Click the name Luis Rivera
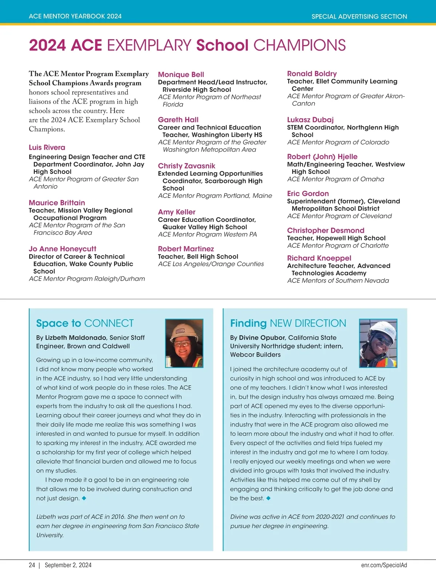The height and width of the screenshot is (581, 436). click(x=47, y=147)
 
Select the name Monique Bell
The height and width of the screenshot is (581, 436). click(x=181, y=74)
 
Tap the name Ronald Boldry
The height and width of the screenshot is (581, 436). click(x=312, y=74)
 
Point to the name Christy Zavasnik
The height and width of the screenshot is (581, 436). click(x=186, y=166)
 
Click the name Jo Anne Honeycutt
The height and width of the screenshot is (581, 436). click(x=62, y=249)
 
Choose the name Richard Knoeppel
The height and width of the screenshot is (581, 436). click(x=319, y=258)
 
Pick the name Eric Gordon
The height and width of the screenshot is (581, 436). click(x=308, y=194)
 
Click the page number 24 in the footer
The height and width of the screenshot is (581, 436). click(x=32, y=565)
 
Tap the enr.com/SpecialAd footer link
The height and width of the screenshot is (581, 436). click(x=384, y=565)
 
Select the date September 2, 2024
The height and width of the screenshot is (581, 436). click(x=68, y=565)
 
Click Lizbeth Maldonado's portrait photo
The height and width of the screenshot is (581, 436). click(x=184, y=343)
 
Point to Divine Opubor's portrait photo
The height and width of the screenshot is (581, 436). click(x=378, y=343)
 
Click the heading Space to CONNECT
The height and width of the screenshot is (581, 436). click(x=85, y=323)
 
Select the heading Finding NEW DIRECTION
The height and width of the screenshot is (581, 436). click(x=288, y=323)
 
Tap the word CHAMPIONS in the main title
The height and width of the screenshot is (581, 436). click(x=299, y=45)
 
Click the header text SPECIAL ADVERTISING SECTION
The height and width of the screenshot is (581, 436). click(x=359, y=16)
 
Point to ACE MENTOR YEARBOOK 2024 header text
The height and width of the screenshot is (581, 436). click(x=75, y=16)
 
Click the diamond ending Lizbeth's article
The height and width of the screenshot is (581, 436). click(x=84, y=498)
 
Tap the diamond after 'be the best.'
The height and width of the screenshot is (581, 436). click(x=269, y=498)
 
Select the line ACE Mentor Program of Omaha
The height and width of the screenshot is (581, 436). click(x=335, y=179)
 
